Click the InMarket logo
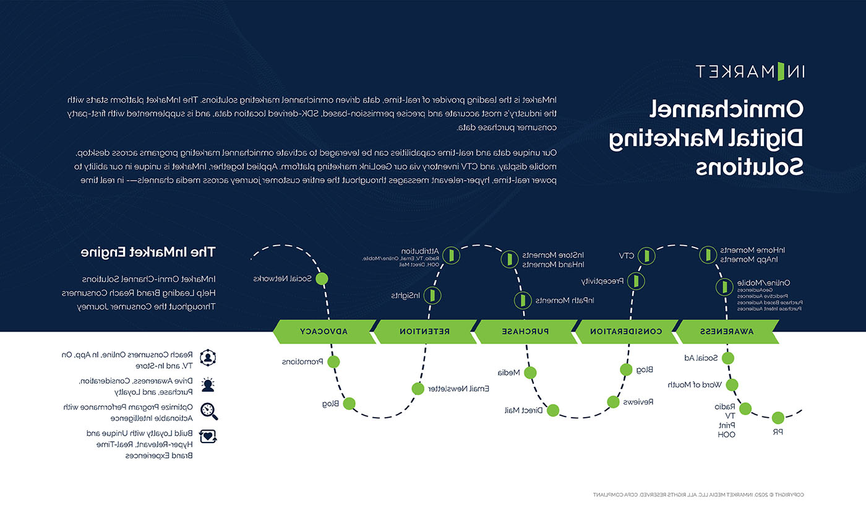point(749,71)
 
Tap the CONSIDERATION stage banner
point(625,332)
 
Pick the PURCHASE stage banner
point(525,332)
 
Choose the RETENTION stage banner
point(424,332)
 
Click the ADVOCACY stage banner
point(323,332)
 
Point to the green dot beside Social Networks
point(322,278)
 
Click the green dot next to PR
point(778,418)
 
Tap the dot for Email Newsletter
point(418,389)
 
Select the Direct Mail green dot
point(553,410)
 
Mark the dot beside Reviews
point(613,402)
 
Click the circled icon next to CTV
point(646,255)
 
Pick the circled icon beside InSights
point(433,295)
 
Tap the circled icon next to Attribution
point(452,254)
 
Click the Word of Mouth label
point(695,385)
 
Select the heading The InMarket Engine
point(148,252)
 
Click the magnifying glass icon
point(208,411)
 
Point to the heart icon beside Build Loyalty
point(208,437)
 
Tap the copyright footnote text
point(698,494)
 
